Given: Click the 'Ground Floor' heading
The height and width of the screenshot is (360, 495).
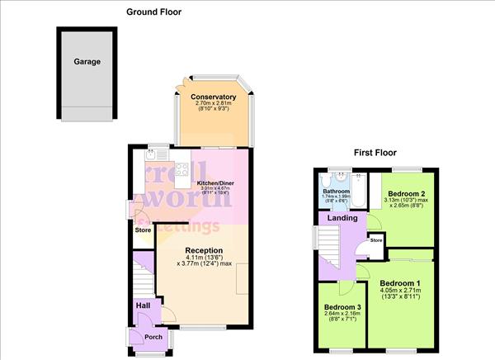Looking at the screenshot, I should tap(153, 12).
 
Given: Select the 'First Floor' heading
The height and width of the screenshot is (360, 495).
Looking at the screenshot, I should tap(375, 153).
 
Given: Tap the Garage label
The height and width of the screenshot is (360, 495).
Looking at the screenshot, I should tap(87, 61).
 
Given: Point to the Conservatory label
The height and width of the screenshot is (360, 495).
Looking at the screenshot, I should tap(214, 97).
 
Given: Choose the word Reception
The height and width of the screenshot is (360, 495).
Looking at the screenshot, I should tap(205, 250).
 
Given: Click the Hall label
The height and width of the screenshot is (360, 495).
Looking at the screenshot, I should tap(143, 306).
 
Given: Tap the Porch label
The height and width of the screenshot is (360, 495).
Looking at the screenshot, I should tap(153, 336).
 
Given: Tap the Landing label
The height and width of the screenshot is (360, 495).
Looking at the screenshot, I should tap(342, 218).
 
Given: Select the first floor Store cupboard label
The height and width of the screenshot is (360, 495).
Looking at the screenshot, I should tap(376, 240).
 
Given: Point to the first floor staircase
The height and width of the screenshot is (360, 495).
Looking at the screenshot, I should tap(329, 244).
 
